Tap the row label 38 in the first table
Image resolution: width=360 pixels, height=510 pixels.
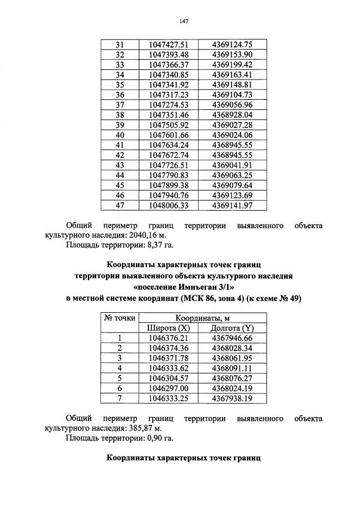(119, 114)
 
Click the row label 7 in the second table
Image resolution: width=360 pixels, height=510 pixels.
(119, 398)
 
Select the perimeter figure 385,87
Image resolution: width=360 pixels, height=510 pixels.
(137, 429)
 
